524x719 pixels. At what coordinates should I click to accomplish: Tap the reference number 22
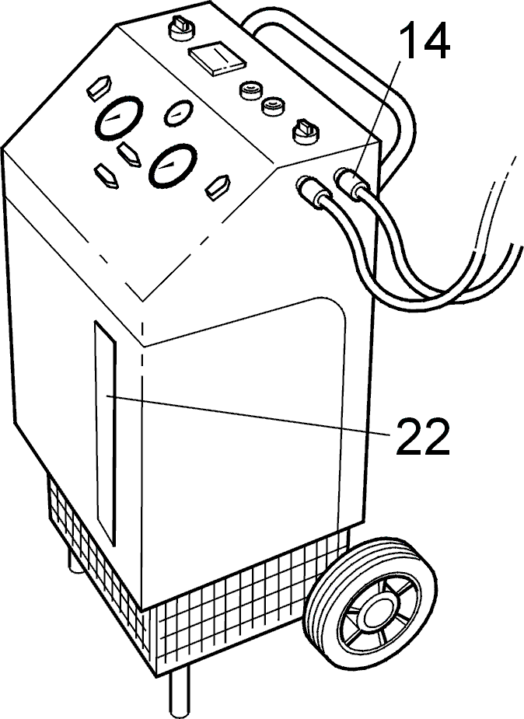423,435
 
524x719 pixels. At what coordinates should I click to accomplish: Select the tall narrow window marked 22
106,431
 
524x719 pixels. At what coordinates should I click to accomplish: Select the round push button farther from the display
272,106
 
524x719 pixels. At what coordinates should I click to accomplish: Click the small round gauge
178,113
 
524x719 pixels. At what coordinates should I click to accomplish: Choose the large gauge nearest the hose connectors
173,166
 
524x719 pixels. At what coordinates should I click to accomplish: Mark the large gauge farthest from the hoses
119,118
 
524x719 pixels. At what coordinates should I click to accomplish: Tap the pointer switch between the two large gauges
129,154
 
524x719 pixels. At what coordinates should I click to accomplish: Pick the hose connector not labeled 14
313,191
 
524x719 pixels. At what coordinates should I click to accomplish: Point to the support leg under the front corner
179,693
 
